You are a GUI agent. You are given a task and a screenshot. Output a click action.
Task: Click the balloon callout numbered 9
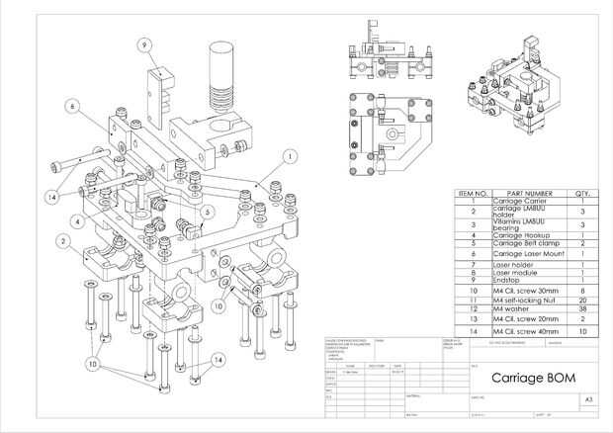[143, 44]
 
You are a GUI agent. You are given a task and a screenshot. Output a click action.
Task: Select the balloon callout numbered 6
[72, 105]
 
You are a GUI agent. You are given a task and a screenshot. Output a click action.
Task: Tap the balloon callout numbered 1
[290, 155]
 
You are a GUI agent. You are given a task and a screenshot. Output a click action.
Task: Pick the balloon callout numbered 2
[62, 239]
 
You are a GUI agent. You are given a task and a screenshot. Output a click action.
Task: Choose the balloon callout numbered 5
[206, 211]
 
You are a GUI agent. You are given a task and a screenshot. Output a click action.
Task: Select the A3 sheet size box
[588, 400]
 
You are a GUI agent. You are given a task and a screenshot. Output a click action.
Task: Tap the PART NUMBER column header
[528, 193]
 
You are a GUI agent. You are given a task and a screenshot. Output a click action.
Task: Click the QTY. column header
[582, 193]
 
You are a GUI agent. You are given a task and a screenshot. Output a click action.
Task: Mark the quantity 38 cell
[582, 309]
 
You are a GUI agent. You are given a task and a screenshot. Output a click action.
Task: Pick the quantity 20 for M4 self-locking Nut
[582, 300]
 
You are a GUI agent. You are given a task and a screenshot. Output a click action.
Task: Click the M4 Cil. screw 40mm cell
[528, 330]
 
